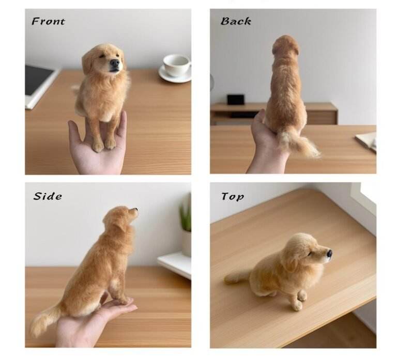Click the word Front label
[48, 21]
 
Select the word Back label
[236, 21]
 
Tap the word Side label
[48, 196]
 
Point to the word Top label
[233, 196]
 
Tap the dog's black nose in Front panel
[114, 63]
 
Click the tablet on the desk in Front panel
[39, 83]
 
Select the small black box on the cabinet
[236, 99]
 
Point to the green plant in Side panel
[185, 217]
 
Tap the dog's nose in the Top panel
[329, 253]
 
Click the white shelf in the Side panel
[175, 263]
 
